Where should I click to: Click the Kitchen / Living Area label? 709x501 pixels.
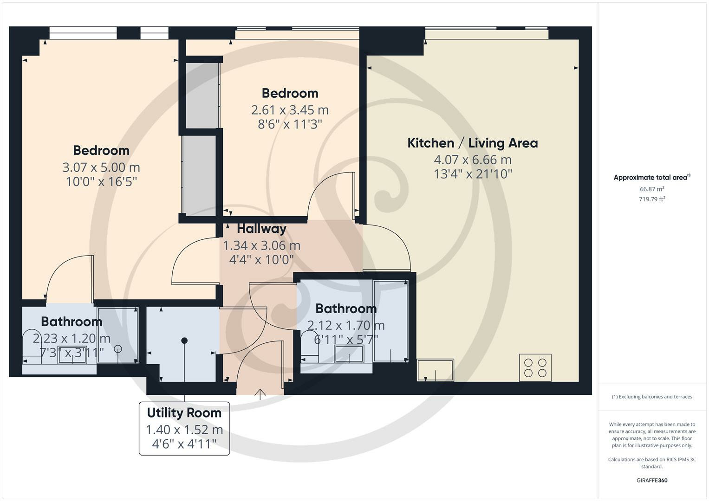coord(472,143)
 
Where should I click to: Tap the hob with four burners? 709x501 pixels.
coord(535,367)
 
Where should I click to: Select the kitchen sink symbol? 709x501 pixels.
coord(435,370)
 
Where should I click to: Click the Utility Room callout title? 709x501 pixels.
coord(184,413)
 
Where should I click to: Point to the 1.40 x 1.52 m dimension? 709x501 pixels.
coord(184,430)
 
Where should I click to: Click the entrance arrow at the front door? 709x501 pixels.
coord(260,394)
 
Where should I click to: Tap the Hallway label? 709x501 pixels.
coord(261,229)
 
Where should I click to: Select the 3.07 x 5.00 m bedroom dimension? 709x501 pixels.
coord(101,167)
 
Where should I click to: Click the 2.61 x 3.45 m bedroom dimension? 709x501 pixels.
coord(290,110)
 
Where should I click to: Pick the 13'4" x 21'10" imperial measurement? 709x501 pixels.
coord(472,174)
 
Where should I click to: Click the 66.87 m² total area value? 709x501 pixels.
coord(652,189)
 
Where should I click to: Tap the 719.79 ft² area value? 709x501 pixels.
coord(652,199)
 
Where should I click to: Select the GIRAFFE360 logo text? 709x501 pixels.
coord(652,481)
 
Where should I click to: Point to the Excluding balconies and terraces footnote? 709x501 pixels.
coord(652,397)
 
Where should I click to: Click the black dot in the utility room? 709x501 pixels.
coord(184,340)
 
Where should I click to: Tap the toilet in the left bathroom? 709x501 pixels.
coord(33,343)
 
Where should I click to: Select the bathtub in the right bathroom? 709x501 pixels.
coord(390,321)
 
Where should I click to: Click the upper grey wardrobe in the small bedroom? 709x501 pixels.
coord(202,95)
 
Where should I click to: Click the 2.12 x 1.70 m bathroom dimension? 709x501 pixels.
coord(346,325)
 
